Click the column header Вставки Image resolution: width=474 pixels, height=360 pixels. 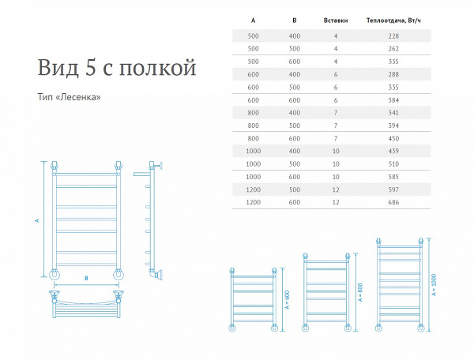[336, 21]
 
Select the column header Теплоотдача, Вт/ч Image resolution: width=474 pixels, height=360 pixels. [393, 21]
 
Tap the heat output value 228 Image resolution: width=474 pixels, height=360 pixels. [393, 36]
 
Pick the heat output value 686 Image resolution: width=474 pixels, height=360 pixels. [393, 202]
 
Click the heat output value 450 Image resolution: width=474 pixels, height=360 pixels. [393, 139]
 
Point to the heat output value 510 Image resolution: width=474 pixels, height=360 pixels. [393, 164]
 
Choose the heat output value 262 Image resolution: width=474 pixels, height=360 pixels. [393, 49]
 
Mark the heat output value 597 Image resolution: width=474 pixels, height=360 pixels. [393, 189]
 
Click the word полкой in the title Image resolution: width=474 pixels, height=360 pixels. [157, 67]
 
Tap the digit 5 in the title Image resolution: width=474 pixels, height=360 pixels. [91, 67]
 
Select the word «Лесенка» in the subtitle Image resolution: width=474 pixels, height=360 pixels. [78, 97]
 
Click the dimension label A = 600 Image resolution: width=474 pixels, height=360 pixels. [288, 299]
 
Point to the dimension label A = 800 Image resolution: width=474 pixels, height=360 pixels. [359, 292]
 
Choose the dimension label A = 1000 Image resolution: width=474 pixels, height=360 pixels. [434, 285]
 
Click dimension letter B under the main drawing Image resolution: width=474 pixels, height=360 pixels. [86, 278]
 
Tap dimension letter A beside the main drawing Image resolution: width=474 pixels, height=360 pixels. [37, 220]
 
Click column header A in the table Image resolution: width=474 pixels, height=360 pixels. [253, 21]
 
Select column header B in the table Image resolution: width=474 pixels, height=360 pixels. [295, 21]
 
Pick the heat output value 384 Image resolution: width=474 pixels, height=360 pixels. [393, 100]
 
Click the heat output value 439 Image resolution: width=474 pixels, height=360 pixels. [393, 151]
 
